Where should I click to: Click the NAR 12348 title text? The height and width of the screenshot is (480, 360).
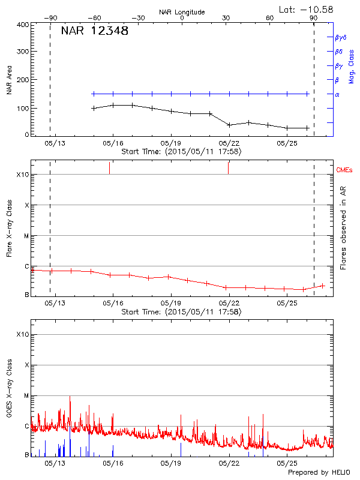point(95,31)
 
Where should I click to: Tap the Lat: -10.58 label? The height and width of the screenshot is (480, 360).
point(307,9)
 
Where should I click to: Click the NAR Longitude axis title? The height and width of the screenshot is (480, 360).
point(182,12)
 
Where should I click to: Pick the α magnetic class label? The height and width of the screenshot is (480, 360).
point(337,94)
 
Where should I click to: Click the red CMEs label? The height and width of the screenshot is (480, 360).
point(344,170)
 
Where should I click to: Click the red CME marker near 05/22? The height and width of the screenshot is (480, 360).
point(229,168)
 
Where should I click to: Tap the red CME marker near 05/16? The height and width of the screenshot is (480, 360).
point(110,168)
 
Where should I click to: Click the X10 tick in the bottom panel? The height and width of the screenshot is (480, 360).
point(23,334)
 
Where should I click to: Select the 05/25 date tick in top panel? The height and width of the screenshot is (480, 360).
point(287,143)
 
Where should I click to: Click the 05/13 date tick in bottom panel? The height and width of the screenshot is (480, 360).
point(55,463)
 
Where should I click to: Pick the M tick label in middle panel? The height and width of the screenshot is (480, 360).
point(26,236)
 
